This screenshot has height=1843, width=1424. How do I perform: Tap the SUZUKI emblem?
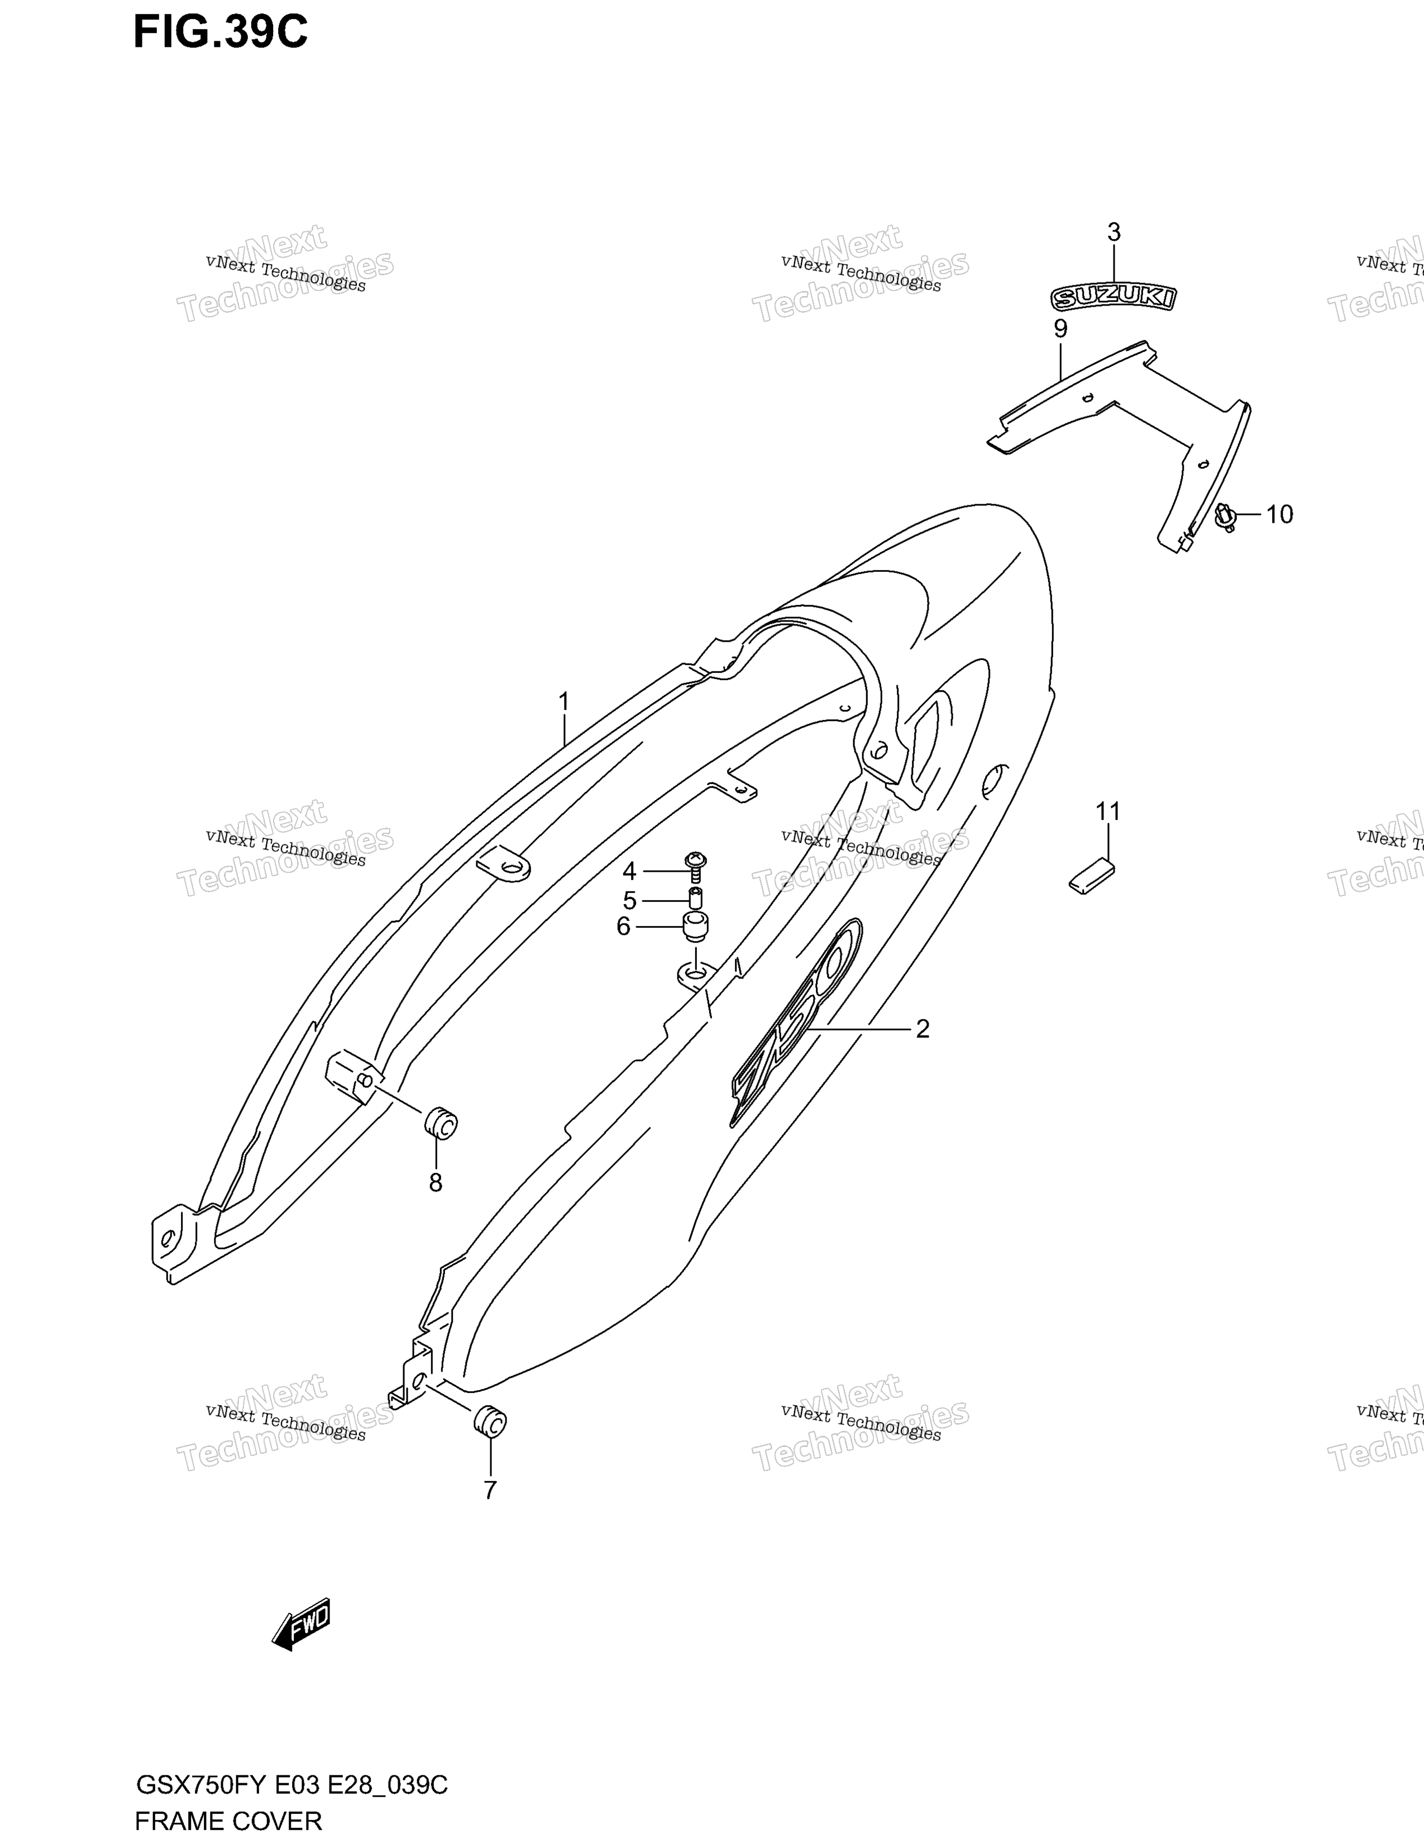click(x=1113, y=297)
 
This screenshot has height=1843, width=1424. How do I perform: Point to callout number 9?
click(x=1060, y=328)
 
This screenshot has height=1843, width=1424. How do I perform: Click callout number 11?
click(x=1108, y=812)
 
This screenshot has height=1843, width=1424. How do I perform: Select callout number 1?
click(x=563, y=702)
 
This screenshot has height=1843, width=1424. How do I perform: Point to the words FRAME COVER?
click(x=228, y=1821)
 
